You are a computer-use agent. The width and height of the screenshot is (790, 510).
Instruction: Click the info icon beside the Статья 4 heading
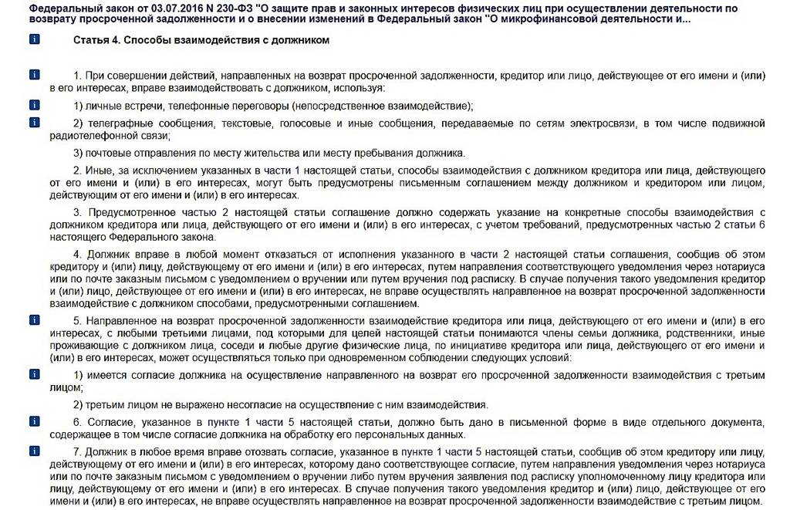coord(34,39)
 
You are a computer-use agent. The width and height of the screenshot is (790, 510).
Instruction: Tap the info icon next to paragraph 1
coord(34,75)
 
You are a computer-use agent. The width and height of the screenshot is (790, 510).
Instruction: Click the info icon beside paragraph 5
coord(34,319)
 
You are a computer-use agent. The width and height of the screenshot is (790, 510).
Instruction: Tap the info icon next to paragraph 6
coord(34,421)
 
